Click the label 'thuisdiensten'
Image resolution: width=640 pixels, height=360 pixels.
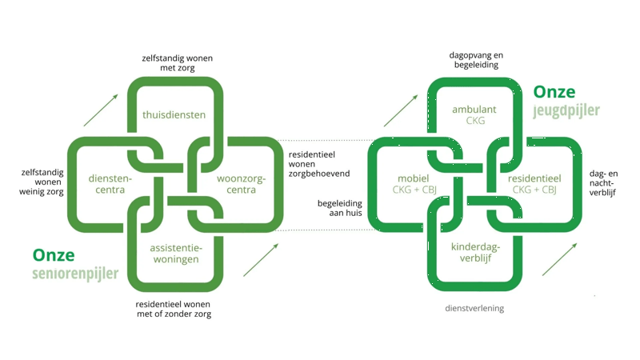tap(174, 114)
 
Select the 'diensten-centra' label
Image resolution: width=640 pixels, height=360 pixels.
tap(110, 184)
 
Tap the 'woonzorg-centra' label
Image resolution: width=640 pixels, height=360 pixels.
tap(241, 184)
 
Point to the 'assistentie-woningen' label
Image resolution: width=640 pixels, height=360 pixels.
tap(176, 254)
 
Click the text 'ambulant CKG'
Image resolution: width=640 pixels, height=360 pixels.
tap(474, 115)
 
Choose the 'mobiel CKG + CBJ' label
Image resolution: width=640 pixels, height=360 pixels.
tap(414, 184)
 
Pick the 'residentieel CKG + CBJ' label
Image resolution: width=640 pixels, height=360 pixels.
tap(534, 184)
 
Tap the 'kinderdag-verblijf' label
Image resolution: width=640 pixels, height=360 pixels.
tap(475, 253)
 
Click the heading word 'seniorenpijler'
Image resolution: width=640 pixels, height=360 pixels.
tap(75, 274)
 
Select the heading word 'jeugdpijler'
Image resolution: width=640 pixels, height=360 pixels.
tap(566, 110)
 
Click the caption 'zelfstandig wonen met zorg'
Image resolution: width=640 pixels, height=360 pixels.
tap(177, 63)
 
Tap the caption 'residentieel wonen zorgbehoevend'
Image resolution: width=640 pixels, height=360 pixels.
tap(318, 163)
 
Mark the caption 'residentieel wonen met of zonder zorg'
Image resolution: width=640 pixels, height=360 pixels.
tap(174, 309)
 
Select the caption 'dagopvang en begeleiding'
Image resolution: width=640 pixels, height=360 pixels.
tap(476, 60)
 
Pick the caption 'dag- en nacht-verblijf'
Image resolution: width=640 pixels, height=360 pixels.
tap(603, 182)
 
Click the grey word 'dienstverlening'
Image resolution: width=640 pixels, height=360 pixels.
tap(474, 308)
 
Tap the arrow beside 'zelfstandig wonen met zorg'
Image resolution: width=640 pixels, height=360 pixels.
tap(101, 110)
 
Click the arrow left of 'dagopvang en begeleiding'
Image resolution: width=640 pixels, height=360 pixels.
tap(401, 111)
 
